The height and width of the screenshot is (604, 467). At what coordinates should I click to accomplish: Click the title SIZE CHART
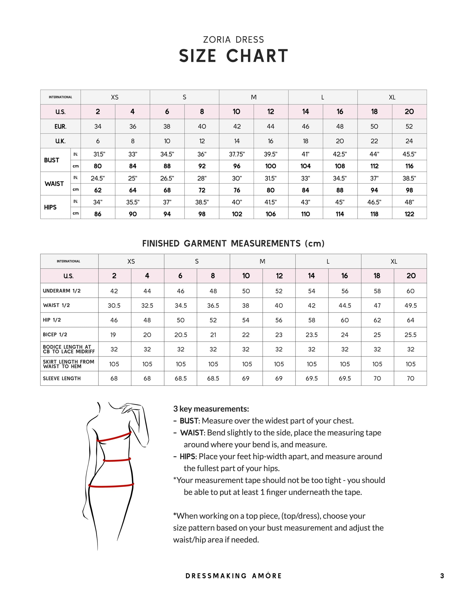[233, 56]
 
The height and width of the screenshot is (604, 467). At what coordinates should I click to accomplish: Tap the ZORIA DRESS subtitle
[233, 40]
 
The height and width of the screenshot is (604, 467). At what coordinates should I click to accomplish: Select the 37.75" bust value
[237, 154]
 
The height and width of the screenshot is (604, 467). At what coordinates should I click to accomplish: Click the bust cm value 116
[409, 166]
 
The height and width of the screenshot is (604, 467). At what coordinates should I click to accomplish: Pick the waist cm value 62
[98, 190]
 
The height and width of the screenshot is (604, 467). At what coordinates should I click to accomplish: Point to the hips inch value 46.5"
[374, 202]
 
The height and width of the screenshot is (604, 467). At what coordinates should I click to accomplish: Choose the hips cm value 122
[409, 214]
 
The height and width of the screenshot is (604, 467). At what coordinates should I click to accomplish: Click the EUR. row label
[60, 127]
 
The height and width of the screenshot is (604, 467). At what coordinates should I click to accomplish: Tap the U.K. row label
[60, 141]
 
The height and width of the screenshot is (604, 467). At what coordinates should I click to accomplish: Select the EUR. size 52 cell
[409, 127]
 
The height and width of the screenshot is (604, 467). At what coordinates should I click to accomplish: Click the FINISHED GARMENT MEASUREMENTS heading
[233, 243]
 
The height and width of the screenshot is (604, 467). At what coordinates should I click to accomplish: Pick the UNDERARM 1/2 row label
[62, 291]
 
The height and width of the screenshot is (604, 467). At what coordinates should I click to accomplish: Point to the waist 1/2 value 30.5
[114, 306]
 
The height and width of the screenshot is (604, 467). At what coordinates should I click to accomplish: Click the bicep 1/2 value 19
[113, 335]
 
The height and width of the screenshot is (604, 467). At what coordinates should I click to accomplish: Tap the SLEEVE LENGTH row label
[62, 379]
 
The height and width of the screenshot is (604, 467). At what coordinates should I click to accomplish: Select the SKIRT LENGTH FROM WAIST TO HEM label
[68, 364]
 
